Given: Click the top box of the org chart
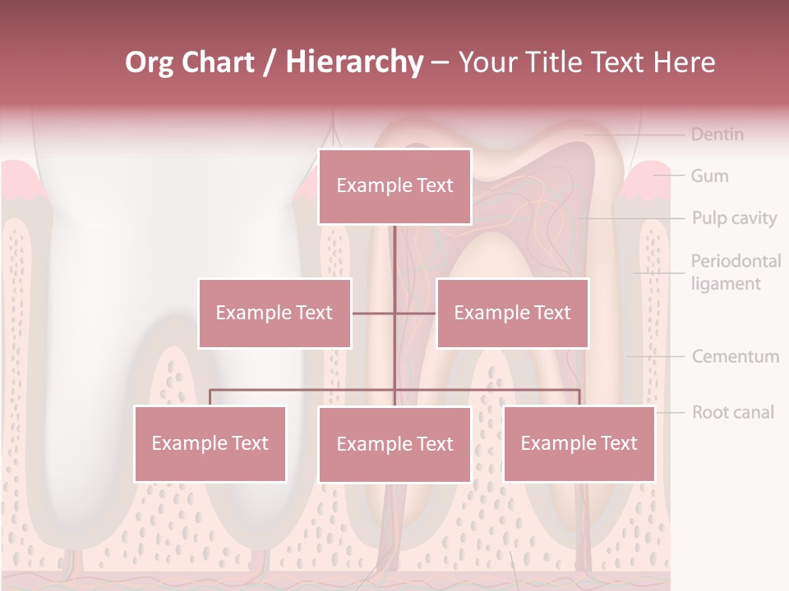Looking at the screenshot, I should (x=394, y=186).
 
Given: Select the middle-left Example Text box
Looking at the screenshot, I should (x=275, y=313).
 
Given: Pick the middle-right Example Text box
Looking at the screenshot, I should (x=512, y=313).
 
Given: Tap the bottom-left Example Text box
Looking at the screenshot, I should (x=210, y=443).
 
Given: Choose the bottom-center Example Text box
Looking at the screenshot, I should (x=394, y=444).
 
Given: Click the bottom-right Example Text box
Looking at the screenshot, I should (x=579, y=443).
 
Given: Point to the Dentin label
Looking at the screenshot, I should (x=717, y=134).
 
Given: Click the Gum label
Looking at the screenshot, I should (x=709, y=176).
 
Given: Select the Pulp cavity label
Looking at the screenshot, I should (x=734, y=218).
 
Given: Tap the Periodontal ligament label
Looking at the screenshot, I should (x=736, y=273).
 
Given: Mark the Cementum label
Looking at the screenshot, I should (x=736, y=356).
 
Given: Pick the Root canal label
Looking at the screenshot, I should (x=733, y=412).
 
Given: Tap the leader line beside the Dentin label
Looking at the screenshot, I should (x=637, y=134).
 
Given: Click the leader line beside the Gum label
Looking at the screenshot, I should (x=670, y=176).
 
